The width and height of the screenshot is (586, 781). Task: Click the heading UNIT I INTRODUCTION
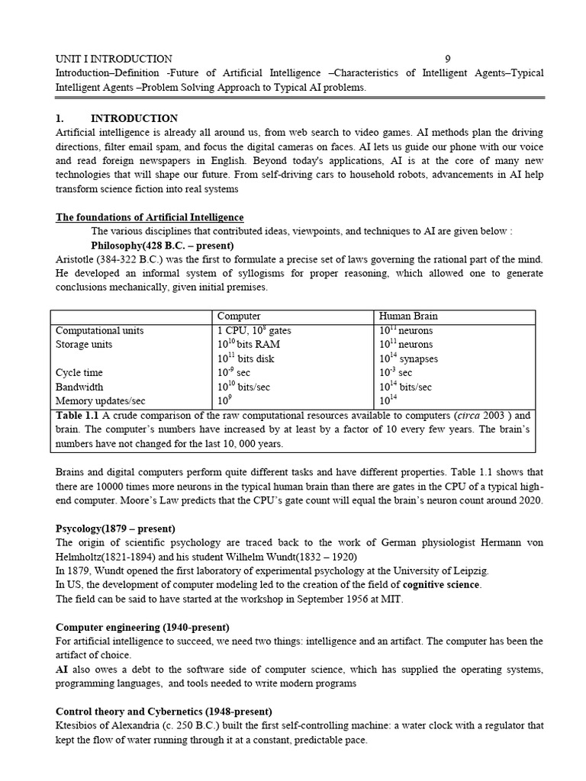tap(114, 59)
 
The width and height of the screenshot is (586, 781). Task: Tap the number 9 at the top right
tap(448, 59)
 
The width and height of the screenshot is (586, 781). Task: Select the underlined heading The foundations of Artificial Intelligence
tap(150, 217)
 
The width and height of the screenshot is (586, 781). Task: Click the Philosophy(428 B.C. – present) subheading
tap(162, 246)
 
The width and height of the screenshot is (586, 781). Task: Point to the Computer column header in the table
tap(239, 317)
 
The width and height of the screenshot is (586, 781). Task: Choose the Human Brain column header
tap(408, 317)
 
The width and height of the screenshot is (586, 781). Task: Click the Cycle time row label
tap(79, 373)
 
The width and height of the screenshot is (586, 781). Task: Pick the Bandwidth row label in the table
tap(79, 387)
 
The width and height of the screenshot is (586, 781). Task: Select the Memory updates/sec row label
tap(100, 400)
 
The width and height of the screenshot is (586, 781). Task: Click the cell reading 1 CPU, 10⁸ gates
tap(254, 330)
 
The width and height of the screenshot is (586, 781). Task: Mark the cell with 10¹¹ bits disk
tap(246, 358)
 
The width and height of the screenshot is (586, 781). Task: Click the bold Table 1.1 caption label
tap(78, 415)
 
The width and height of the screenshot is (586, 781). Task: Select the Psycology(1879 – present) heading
tap(115, 528)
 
